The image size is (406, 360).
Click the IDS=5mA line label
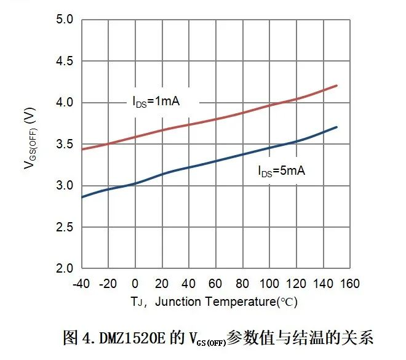click(281, 171)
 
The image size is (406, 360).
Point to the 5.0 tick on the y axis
click(66, 20)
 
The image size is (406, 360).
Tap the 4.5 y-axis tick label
click(66, 62)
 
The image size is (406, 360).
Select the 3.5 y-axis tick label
click(66, 145)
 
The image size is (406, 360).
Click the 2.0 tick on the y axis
click(66, 269)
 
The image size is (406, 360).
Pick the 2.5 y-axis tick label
click(66, 228)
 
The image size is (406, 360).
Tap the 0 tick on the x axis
click(135, 284)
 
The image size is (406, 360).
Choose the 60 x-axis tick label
click(215, 284)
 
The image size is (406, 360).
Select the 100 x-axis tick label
click(269, 284)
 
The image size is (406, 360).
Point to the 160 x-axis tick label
click(350, 284)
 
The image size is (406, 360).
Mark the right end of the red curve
click(338, 86)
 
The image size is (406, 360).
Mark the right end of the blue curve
click(338, 127)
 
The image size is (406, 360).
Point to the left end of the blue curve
click(82, 198)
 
